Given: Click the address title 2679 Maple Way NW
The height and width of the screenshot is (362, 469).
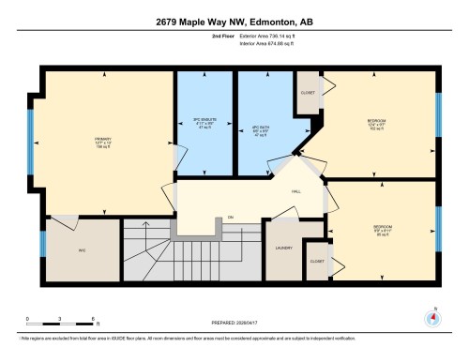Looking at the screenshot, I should (234, 23).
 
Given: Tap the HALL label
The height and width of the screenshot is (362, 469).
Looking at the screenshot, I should (296, 191).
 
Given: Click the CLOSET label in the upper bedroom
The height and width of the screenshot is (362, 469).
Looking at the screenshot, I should (307, 93).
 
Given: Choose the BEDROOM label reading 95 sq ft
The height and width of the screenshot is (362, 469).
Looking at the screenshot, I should (383, 228).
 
